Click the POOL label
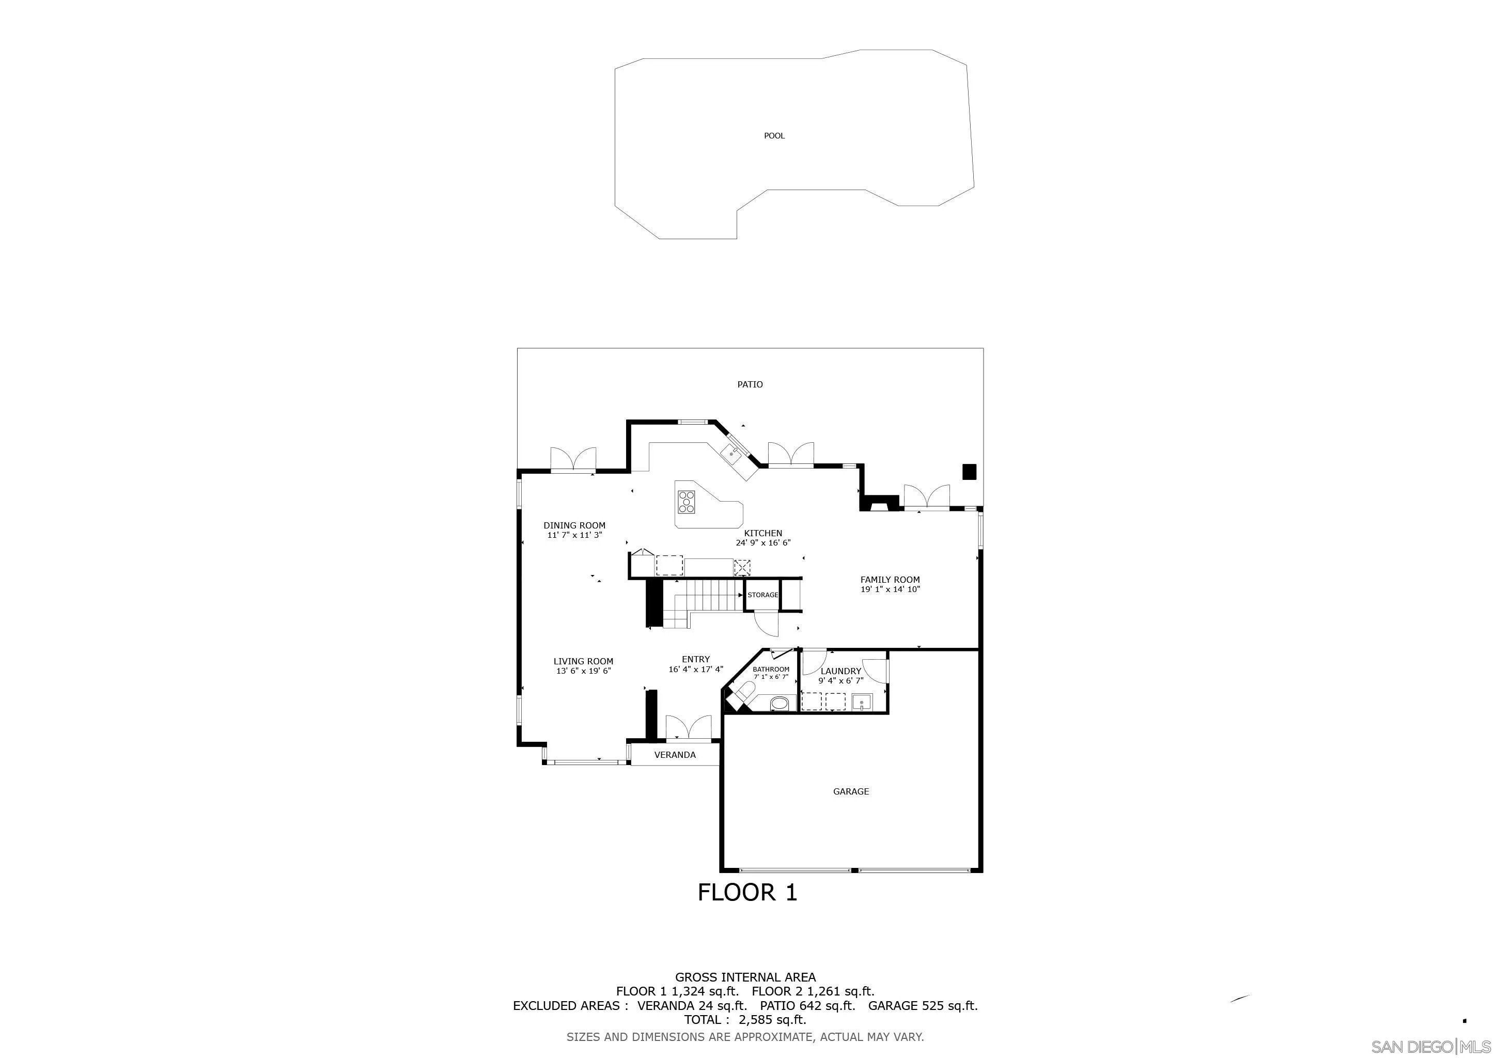[774, 135]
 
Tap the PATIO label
[750, 384]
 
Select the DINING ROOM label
[574, 525]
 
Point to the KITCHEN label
[763, 533]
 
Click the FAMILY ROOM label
[890, 579]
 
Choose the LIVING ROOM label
[583, 661]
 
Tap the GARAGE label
[851, 791]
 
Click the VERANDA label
[675, 755]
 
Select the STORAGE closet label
[763, 595]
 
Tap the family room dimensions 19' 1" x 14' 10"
[890, 589]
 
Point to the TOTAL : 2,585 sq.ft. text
[745, 1020]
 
